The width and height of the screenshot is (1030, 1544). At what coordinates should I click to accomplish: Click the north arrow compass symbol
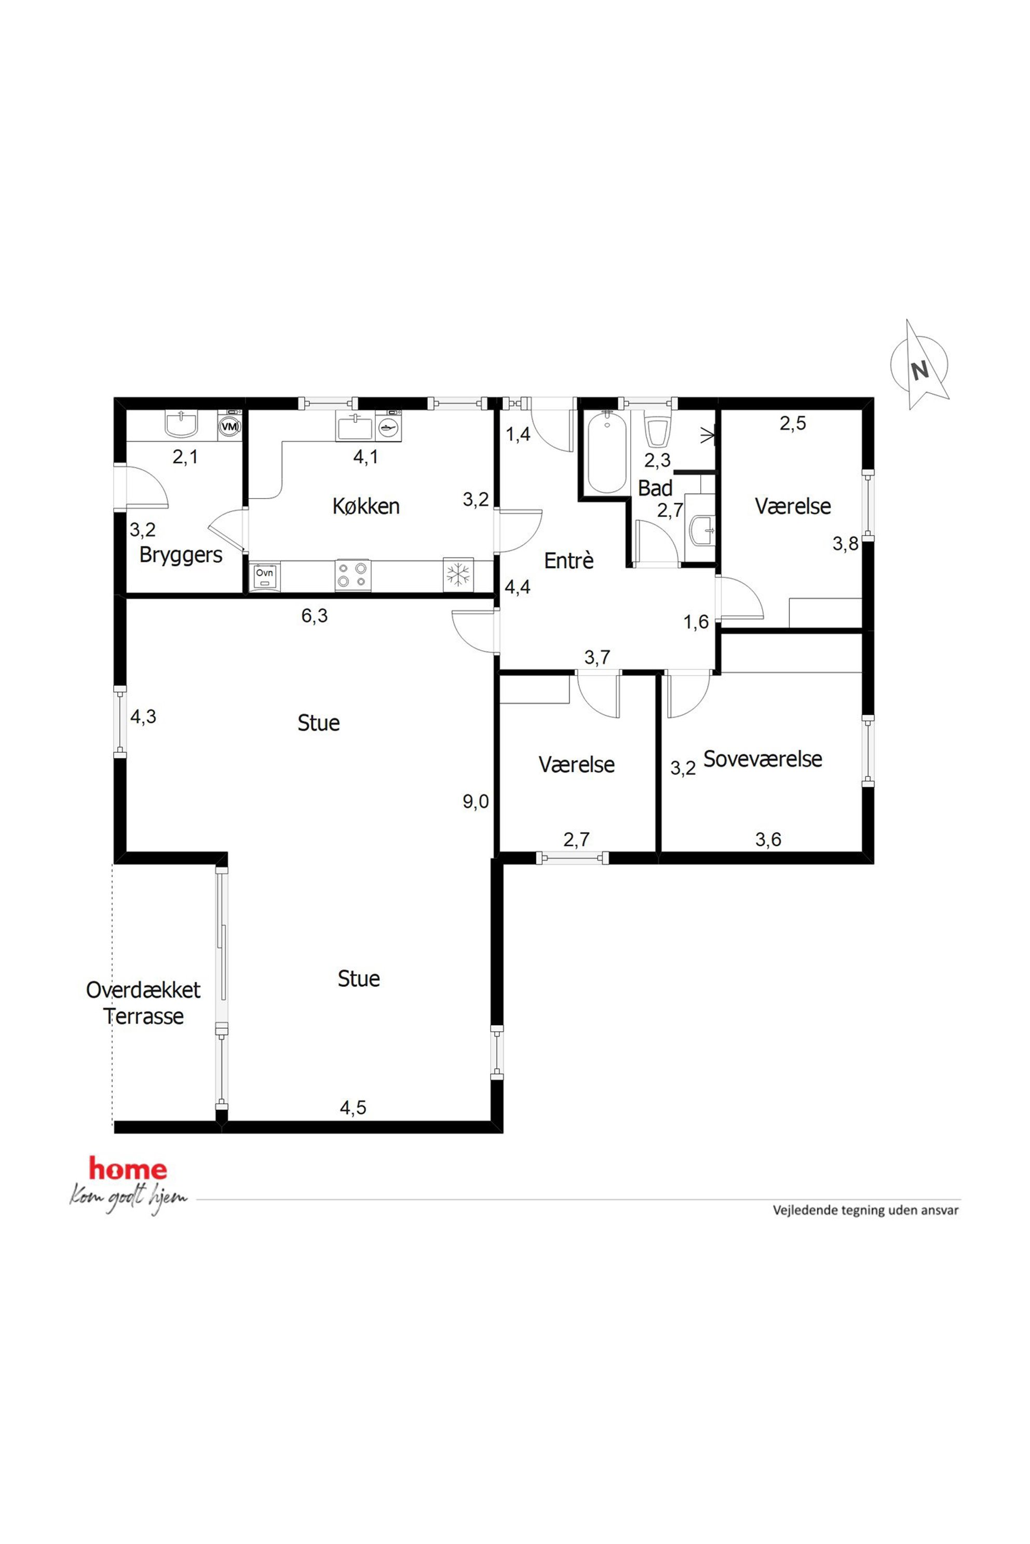pyautogui.click(x=919, y=365)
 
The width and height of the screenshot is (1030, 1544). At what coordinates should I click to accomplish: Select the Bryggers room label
pyautogui.click(x=181, y=555)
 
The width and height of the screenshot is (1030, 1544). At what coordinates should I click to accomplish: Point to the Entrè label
pyautogui.click(x=569, y=561)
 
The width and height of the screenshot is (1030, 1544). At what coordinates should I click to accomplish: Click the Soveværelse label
pyautogui.click(x=763, y=759)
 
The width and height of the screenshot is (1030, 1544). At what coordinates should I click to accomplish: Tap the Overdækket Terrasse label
pyautogui.click(x=143, y=1002)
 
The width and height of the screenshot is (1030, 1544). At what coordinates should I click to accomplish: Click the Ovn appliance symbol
pyautogui.click(x=265, y=577)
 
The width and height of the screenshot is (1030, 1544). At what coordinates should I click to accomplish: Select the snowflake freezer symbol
pyautogui.click(x=458, y=575)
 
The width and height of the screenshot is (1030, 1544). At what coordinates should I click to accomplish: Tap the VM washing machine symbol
pyautogui.click(x=229, y=425)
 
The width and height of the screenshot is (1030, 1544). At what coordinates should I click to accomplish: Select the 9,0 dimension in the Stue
pyautogui.click(x=476, y=802)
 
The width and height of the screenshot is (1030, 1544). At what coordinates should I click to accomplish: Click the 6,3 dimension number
pyautogui.click(x=314, y=616)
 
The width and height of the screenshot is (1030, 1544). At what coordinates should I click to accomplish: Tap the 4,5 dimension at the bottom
pyautogui.click(x=353, y=1108)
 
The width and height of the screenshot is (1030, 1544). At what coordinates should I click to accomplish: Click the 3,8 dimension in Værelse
pyautogui.click(x=845, y=544)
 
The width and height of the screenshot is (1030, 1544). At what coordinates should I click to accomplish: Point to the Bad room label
pyautogui.click(x=655, y=488)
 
